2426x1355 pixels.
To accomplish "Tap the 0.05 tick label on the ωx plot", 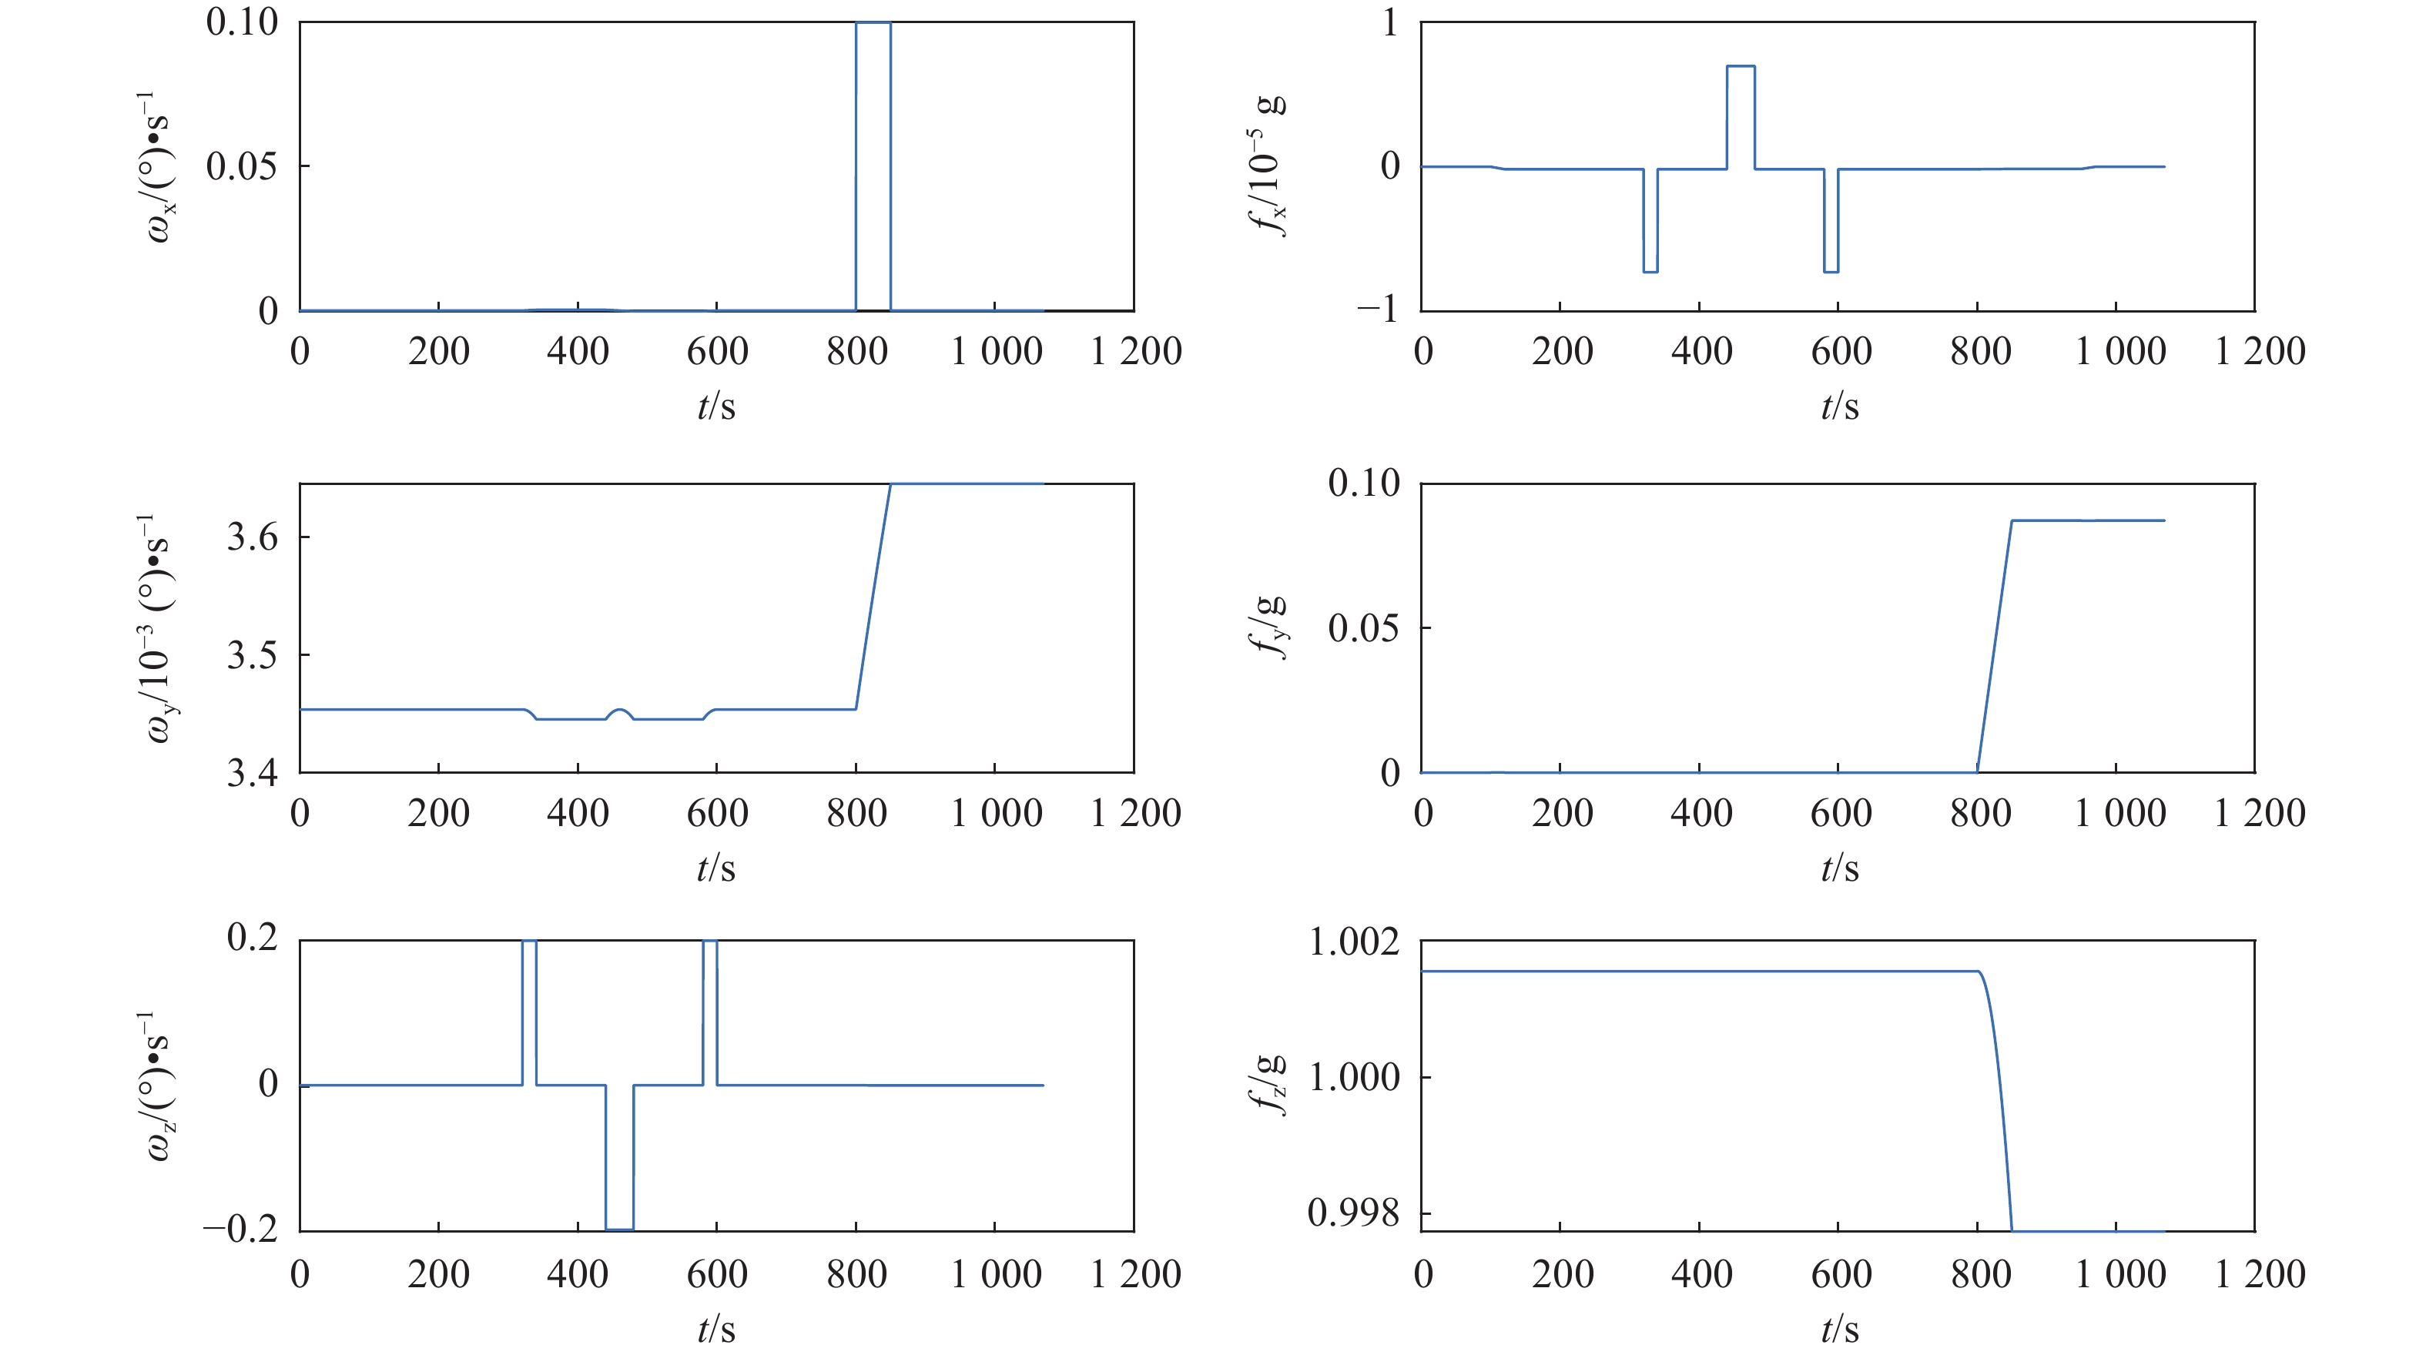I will [241, 166].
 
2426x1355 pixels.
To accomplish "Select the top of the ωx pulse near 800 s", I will [873, 22].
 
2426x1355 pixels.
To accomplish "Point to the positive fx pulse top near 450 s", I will [1741, 66].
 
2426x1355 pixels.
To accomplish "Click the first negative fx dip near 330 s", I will [1650, 271].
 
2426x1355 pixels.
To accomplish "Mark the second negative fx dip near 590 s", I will [1831, 271].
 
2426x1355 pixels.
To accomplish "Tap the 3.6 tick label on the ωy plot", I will [253, 537].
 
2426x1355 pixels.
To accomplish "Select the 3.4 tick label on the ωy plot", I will [253, 773].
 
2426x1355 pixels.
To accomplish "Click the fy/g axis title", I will [1269, 627].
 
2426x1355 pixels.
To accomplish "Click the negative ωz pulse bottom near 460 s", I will [618, 1229].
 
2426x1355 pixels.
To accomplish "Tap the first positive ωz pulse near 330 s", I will [529, 942].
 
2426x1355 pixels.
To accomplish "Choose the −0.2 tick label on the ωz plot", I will [241, 1229].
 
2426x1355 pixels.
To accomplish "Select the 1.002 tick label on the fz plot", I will [1354, 942].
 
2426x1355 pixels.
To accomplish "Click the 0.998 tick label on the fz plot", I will [1354, 1213].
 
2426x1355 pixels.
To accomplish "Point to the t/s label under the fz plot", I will [1839, 1330].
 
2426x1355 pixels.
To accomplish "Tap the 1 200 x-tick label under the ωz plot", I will [1135, 1274].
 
